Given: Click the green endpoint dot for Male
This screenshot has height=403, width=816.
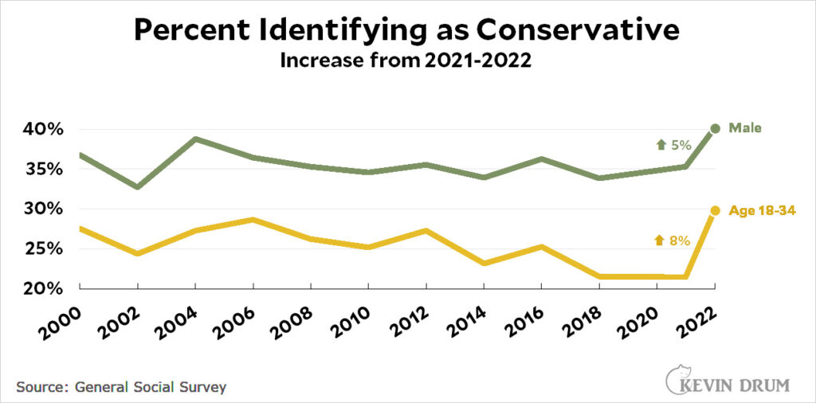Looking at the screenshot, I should click(x=715, y=128).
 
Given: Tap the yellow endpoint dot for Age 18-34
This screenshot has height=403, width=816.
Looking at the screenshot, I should click(x=715, y=210).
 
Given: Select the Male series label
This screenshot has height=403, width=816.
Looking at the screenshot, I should click(x=746, y=128).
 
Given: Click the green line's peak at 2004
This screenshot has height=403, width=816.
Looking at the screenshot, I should click(x=195, y=139).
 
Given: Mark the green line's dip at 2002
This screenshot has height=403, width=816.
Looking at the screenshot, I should click(x=138, y=187).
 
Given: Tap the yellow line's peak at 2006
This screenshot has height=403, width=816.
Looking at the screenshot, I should click(x=253, y=219).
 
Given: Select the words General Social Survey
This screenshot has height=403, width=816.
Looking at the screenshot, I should click(x=151, y=387).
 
